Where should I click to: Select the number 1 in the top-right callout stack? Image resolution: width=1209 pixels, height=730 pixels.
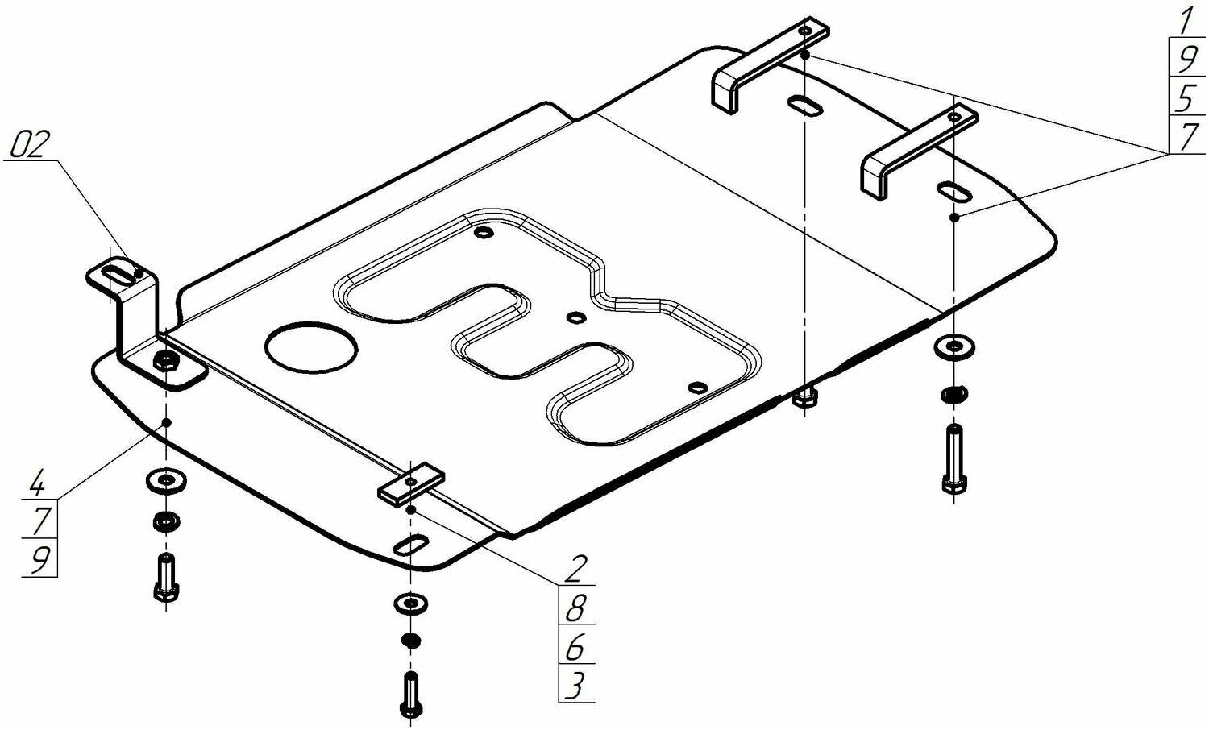(1185, 20)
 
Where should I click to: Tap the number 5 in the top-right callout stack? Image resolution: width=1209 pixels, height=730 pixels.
(1185, 98)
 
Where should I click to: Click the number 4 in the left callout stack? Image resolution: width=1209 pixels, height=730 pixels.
(35, 486)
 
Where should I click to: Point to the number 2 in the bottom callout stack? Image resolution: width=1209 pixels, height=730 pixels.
(575, 569)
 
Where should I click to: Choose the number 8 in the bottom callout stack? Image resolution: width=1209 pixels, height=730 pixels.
(575, 608)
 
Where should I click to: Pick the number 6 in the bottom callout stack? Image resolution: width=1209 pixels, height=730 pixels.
(575, 647)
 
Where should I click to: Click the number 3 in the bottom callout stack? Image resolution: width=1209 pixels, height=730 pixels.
(574, 686)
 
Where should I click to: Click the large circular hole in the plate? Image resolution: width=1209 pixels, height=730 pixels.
(311, 347)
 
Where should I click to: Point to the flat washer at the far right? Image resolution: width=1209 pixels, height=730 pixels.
(953, 347)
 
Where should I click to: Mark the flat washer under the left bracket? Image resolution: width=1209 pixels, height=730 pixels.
(165, 482)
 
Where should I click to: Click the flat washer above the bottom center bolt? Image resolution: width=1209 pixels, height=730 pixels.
(411, 603)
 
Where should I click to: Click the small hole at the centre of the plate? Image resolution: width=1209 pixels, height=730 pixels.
(575, 317)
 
